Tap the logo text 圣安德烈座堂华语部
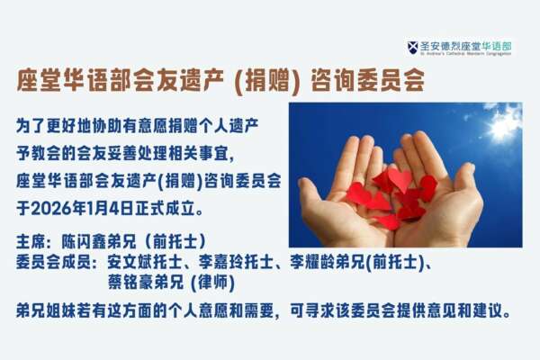tap(465, 46)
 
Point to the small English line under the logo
tap(465, 54)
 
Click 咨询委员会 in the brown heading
tap(367, 81)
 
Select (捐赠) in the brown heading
tap(267, 81)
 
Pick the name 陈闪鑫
tap(84, 241)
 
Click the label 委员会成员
tap(53, 263)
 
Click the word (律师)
tap(212, 283)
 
